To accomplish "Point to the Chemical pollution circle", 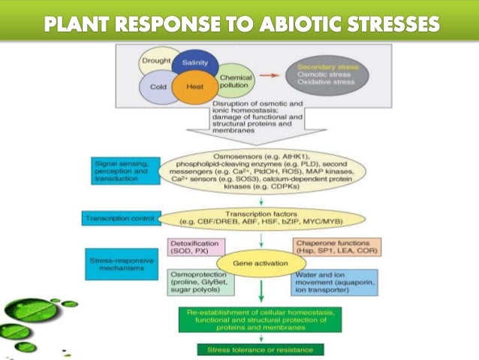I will tap(234, 81).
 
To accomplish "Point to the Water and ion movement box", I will tap(333, 282).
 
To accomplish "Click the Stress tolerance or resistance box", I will tap(260, 349).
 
